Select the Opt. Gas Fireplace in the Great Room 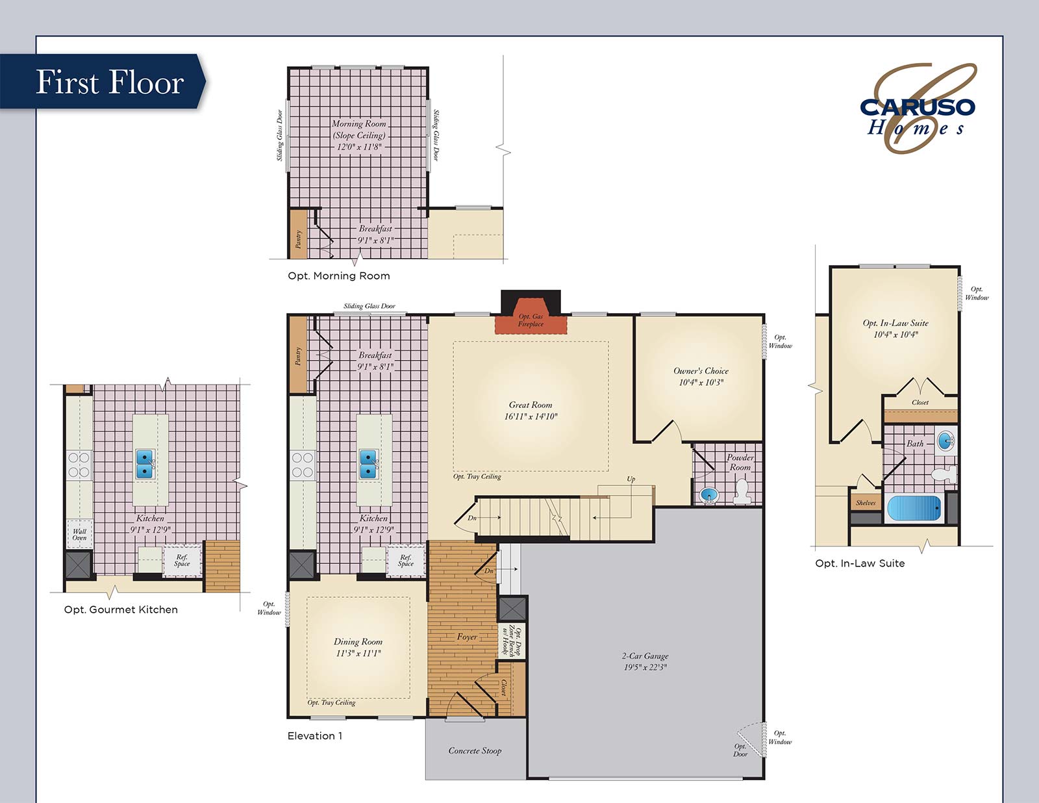pyautogui.click(x=531, y=320)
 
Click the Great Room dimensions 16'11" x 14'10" pyautogui.click(x=531, y=416)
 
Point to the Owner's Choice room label pyautogui.click(x=701, y=371)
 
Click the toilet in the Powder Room pyautogui.click(x=742, y=492)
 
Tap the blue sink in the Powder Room pyautogui.click(x=708, y=496)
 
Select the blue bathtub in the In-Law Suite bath pyautogui.click(x=914, y=508)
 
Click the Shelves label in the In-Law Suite pyautogui.click(x=865, y=503)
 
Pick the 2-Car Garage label pyautogui.click(x=645, y=656)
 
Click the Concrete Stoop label pyautogui.click(x=475, y=751)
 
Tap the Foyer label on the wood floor pyautogui.click(x=467, y=637)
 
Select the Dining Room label pyautogui.click(x=358, y=642)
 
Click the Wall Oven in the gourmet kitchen pyautogui.click(x=79, y=534)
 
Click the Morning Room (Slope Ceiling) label pyautogui.click(x=358, y=129)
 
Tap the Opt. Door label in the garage pyautogui.click(x=740, y=750)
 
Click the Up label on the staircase pyautogui.click(x=631, y=479)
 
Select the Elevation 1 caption pyautogui.click(x=314, y=735)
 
